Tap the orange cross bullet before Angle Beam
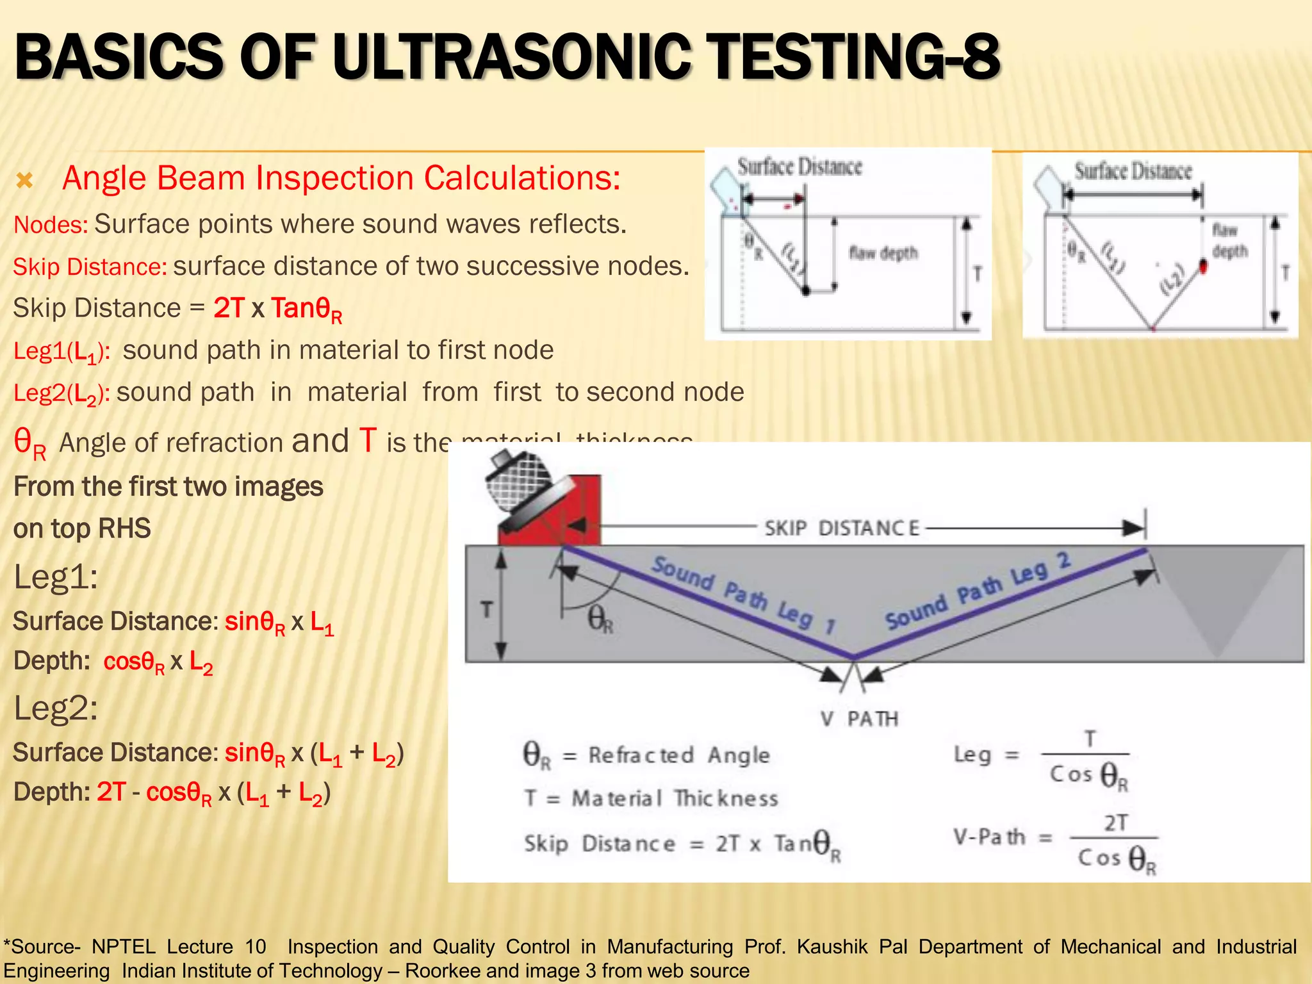(x=24, y=181)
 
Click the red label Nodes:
(x=51, y=225)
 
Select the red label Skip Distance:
(x=90, y=267)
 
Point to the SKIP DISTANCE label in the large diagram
(x=841, y=529)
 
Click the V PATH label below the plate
(x=859, y=719)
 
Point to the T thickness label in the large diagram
(x=486, y=609)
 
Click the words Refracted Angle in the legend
(x=679, y=755)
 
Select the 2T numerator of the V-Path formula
(x=1115, y=823)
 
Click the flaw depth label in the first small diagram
(x=883, y=254)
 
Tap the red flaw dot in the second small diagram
(x=1202, y=266)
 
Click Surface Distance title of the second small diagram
(x=1133, y=171)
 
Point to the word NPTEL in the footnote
(x=124, y=947)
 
